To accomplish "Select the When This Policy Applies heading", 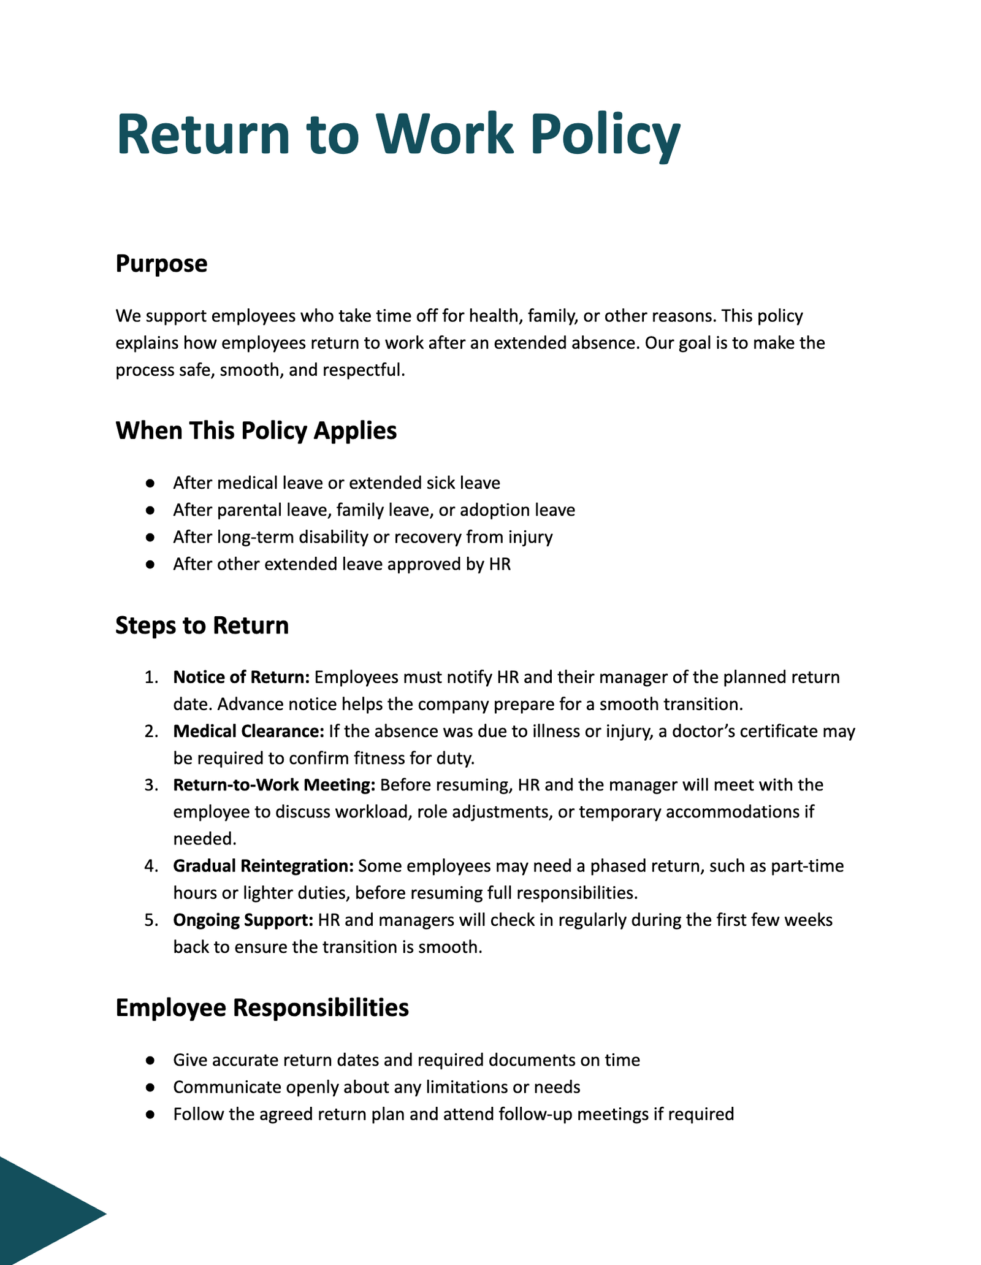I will coord(256,431).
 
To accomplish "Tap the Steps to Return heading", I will coord(202,626).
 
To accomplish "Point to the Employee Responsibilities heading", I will coord(262,1008).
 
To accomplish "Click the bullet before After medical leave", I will coord(150,484).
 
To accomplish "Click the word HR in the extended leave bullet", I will coord(500,564).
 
